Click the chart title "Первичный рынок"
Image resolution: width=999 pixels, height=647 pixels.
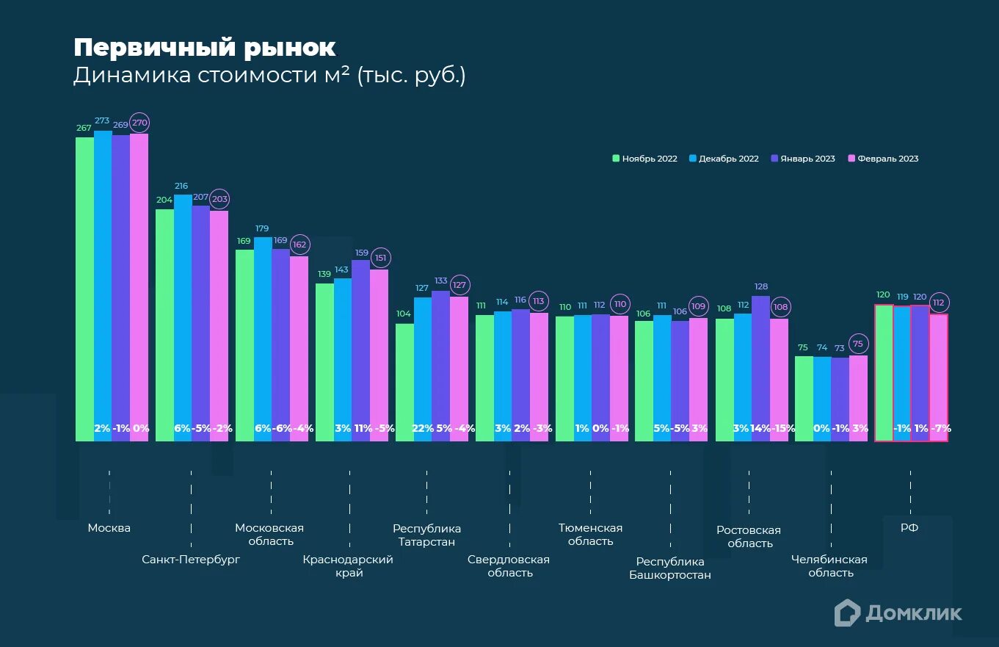pyautogui.click(x=204, y=48)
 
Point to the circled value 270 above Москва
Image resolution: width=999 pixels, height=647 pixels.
pyautogui.click(x=139, y=123)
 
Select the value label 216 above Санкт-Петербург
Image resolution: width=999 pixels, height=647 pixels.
pyautogui.click(x=181, y=187)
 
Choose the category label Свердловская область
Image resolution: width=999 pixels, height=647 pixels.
pyautogui.click(x=509, y=565)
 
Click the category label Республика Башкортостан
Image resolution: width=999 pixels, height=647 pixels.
pyautogui.click(x=670, y=568)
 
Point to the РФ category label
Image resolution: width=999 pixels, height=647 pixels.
pyautogui.click(x=909, y=527)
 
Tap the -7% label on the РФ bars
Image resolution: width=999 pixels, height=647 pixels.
pyautogui.click(x=940, y=428)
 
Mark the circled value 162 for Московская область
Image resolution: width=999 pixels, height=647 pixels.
pyautogui.click(x=299, y=245)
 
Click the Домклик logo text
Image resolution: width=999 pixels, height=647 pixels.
pyautogui.click(x=913, y=612)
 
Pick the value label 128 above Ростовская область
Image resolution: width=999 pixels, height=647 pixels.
pyautogui.click(x=761, y=286)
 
